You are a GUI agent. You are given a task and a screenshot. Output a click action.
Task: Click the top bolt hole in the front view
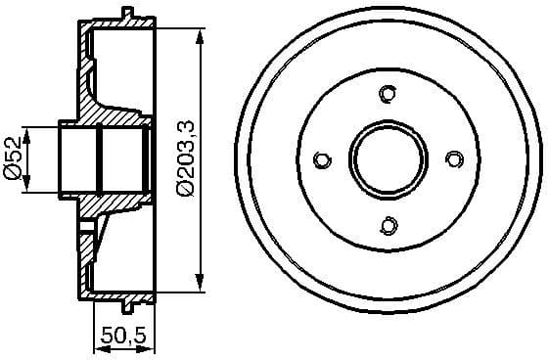point(388,94)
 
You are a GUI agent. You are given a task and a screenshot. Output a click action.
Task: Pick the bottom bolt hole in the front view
point(388,226)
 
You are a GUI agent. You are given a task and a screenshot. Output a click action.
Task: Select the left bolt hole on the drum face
point(322,160)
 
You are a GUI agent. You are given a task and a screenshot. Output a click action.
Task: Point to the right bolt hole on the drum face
point(453,159)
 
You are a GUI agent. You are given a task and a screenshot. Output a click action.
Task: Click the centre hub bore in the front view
point(388,160)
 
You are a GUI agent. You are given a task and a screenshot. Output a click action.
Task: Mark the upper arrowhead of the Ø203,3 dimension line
point(202,36)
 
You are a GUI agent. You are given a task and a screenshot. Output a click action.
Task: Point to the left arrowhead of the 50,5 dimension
point(97,348)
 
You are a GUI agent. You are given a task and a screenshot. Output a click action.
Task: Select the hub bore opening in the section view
point(103,160)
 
